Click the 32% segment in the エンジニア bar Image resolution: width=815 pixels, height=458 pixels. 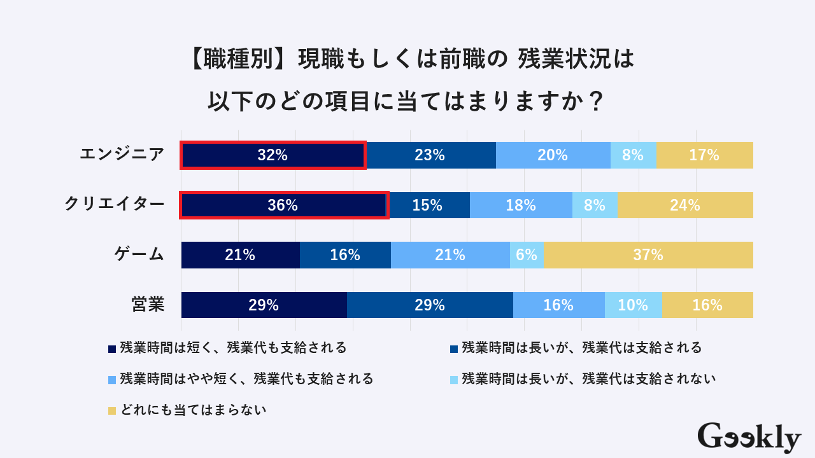tap(273, 155)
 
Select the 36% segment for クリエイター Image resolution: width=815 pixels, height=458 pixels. tap(284, 205)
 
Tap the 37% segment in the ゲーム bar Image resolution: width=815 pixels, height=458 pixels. tap(648, 255)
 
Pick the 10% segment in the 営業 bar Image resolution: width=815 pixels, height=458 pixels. tap(633, 305)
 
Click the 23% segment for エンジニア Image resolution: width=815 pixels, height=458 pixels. tap(430, 155)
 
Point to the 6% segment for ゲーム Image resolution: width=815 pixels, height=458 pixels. tap(527, 255)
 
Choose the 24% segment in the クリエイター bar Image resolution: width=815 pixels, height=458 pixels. tap(685, 205)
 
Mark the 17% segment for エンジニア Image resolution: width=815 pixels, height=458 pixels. tap(704, 155)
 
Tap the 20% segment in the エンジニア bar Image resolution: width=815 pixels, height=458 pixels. tap(553, 155)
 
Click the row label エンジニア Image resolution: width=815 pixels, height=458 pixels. tap(122, 155)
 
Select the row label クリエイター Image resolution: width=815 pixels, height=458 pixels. tap(115, 204)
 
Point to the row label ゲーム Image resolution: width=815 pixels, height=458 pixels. tap(139, 254)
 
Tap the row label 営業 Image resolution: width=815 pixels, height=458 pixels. tap(148, 305)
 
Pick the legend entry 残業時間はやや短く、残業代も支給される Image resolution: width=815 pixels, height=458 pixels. tap(246, 379)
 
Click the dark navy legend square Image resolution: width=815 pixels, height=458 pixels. tap(112, 349)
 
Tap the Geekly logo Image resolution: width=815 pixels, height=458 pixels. tap(749, 438)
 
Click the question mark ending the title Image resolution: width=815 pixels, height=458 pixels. tap(596, 102)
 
